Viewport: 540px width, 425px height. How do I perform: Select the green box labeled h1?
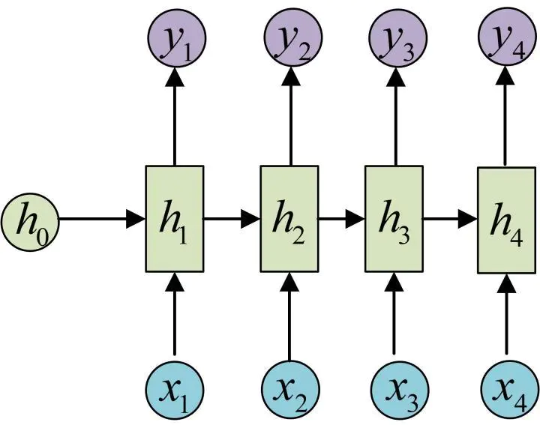coord(174,219)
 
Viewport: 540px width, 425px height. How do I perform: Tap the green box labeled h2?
coord(289,219)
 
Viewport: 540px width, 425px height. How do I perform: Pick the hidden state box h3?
coord(394,219)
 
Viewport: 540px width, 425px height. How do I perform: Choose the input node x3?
coord(398,391)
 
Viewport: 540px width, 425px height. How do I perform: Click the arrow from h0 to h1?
coord(101,219)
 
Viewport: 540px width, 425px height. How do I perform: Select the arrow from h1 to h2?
coord(232,219)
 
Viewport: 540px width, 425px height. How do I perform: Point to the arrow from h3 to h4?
coord(451,219)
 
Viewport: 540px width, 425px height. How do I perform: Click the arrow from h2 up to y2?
coord(289,116)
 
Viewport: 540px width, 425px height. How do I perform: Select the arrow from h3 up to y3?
coord(394,116)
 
